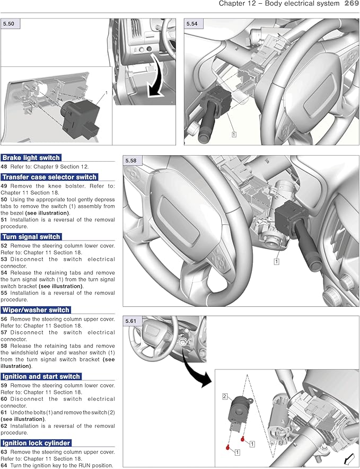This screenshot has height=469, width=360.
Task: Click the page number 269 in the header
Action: pos(352,4)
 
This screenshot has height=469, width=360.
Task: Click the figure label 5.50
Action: pos(9,24)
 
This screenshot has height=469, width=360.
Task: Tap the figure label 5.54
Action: pos(192,24)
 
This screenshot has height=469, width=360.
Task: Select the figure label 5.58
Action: pos(130,160)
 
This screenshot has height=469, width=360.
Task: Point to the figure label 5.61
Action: pos(130,321)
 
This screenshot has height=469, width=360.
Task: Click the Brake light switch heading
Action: pos(31,157)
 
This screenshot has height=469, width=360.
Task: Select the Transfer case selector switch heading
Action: pos(49,177)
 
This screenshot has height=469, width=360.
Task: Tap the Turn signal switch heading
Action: pos(31,237)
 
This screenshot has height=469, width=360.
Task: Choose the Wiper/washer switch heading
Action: pos(36,309)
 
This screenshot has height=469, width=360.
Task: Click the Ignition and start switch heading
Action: pos(41,376)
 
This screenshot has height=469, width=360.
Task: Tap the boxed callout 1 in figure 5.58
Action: pos(276,261)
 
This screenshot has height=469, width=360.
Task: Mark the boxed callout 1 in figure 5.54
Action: pos(234,135)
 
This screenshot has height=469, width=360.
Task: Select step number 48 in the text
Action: pos(4,165)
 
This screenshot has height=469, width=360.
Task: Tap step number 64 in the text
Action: pos(4,465)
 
